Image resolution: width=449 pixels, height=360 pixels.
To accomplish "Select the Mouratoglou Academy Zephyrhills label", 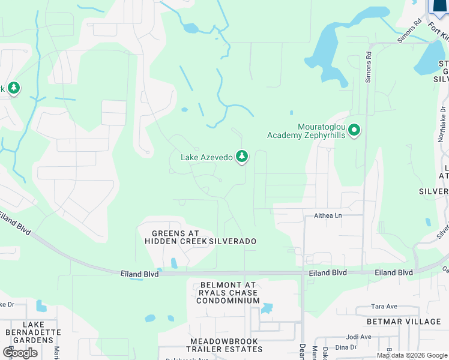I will click(x=306, y=131).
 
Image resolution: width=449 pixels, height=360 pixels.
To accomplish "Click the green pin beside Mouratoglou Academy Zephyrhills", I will click(x=354, y=130).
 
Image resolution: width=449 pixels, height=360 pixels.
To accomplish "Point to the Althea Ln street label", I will click(x=328, y=215).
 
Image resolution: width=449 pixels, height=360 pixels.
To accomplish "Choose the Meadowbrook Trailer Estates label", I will click(x=224, y=346).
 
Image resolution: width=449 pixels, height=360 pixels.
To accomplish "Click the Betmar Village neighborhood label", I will click(x=407, y=322).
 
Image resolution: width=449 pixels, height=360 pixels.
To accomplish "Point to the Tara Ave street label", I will click(x=384, y=307).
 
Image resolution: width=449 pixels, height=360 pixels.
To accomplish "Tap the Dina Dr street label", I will click(x=346, y=347).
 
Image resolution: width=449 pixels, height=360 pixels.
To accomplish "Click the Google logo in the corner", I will click(x=20, y=353).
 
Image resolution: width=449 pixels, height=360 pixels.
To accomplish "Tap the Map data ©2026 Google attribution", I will click(x=412, y=355).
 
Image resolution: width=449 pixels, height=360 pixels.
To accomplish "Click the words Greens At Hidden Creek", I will click(x=175, y=237).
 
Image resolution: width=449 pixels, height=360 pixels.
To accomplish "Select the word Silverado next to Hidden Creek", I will click(x=233, y=241).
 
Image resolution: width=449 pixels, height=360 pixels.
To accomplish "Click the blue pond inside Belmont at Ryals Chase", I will click(x=267, y=308).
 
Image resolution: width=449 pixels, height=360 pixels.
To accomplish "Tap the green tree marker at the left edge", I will click(x=13, y=89).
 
